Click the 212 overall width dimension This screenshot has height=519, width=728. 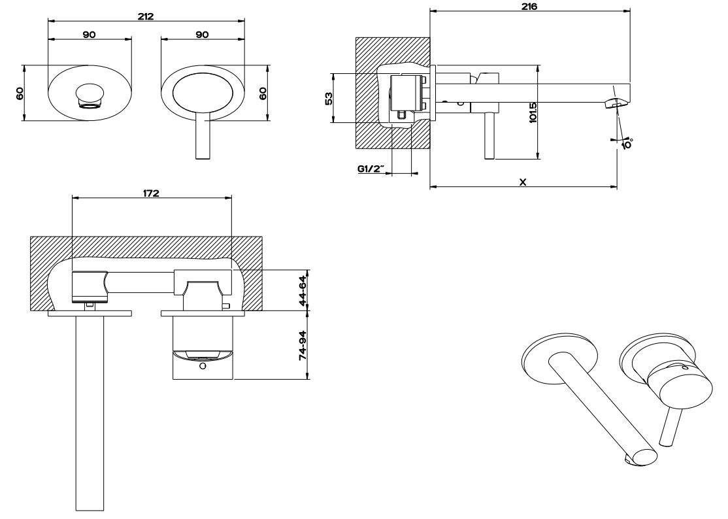(146, 16)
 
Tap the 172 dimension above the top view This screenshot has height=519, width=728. (151, 193)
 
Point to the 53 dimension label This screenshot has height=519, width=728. (329, 98)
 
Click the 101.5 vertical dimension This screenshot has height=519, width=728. (533, 112)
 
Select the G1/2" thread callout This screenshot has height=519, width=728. (370, 169)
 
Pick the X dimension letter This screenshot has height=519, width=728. (523, 182)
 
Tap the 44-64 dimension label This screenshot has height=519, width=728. (303, 289)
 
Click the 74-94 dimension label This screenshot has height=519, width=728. (303, 344)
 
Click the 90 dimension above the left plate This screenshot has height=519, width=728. (90, 35)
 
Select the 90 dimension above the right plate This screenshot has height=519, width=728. (202, 35)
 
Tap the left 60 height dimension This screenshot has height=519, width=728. (20, 92)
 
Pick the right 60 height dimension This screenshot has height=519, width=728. (263, 92)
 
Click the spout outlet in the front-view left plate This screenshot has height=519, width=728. (90, 95)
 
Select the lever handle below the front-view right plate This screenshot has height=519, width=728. (203, 137)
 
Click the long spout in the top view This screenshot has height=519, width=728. (90, 412)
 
